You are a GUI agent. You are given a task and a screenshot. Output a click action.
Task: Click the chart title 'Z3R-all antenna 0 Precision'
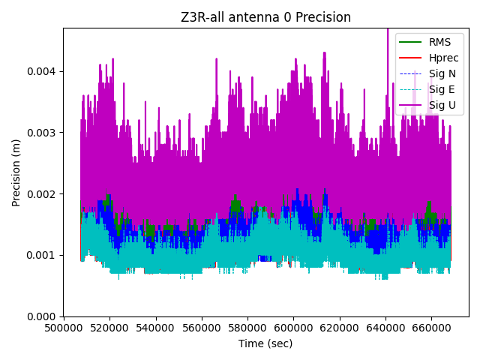tap(265, 17)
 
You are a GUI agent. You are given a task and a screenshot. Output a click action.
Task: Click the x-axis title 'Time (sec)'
tap(265, 343)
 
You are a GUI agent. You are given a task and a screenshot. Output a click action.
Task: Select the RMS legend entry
tap(439, 42)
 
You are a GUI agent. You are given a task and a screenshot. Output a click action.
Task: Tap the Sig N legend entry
tap(442, 73)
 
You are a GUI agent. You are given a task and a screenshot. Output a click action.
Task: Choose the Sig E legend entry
tap(442, 89)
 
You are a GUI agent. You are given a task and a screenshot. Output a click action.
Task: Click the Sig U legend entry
tap(442, 105)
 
